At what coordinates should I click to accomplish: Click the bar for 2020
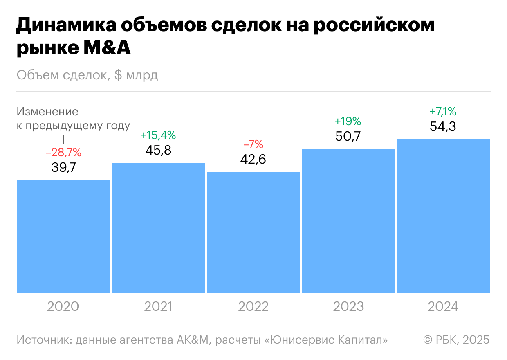click(x=64, y=236)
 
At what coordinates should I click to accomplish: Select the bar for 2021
click(x=159, y=228)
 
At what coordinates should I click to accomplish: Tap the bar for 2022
click(x=253, y=232)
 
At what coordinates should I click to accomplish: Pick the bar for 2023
click(x=348, y=221)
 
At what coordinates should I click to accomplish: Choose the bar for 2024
click(x=443, y=216)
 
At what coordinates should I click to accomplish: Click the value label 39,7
click(x=64, y=167)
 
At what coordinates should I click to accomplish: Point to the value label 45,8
click(x=158, y=150)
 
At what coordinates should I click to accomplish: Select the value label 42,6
click(x=253, y=159)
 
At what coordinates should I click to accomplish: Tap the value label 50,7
click(x=348, y=136)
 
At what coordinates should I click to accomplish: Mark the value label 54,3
click(x=443, y=126)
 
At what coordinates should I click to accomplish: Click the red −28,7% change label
click(x=63, y=153)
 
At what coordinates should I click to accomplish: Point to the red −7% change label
click(x=253, y=144)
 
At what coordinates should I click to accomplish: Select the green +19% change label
click(x=348, y=121)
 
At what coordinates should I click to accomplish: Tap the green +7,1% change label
click(x=443, y=111)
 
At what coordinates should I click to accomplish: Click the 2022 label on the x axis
click(x=253, y=306)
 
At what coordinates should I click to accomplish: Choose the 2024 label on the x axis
click(x=443, y=306)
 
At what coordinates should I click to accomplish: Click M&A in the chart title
click(x=107, y=49)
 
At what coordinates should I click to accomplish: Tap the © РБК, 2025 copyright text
click(x=456, y=340)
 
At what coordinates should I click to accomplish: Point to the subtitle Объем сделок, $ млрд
click(x=87, y=75)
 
